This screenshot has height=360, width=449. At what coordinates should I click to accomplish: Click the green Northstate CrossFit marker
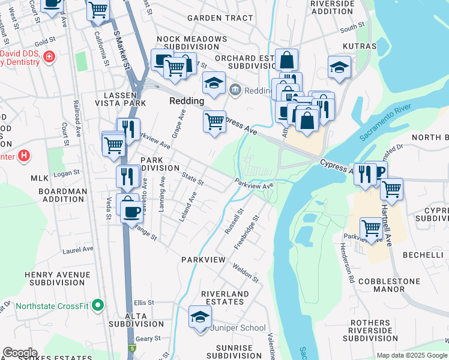[x=98, y=306]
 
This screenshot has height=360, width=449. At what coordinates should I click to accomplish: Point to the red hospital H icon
[x=23, y=157]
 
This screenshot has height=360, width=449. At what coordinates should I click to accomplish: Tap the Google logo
[x=19, y=352]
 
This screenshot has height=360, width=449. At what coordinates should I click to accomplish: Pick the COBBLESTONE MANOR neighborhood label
[x=389, y=285]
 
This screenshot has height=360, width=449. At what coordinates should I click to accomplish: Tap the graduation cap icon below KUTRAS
[x=339, y=67]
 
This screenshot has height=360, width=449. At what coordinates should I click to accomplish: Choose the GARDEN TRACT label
[x=220, y=18]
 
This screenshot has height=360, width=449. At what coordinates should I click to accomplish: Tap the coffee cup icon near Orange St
[x=131, y=211]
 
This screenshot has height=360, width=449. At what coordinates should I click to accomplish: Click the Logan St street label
[x=67, y=173]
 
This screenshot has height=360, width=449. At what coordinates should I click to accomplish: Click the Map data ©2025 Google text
[x=412, y=355]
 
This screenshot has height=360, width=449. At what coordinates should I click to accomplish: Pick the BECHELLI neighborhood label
[x=423, y=256]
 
